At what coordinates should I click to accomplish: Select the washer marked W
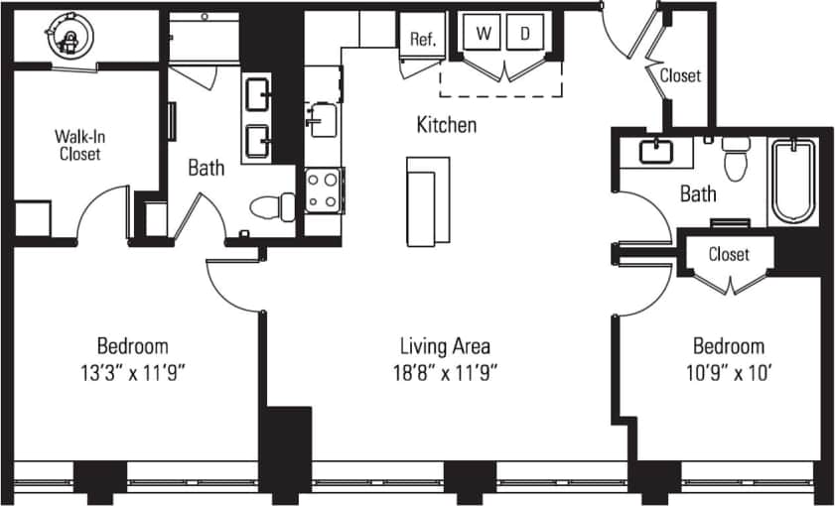point(484,34)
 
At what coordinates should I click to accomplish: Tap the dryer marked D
point(523,34)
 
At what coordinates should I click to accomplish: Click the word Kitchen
point(446,125)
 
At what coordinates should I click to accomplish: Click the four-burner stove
point(324,190)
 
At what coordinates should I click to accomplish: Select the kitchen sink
point(321,120)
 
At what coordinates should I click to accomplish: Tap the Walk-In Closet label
point(79,146)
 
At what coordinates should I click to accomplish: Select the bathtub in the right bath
point(793,181)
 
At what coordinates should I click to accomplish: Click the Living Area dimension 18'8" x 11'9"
point(445,373)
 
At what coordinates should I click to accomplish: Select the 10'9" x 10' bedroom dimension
point(728,373)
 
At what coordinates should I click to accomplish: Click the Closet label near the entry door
point(680,75)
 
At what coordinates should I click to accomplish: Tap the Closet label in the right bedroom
point(729,255)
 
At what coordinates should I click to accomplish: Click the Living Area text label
point(445,346)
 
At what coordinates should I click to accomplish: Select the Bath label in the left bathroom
point(207,168)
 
